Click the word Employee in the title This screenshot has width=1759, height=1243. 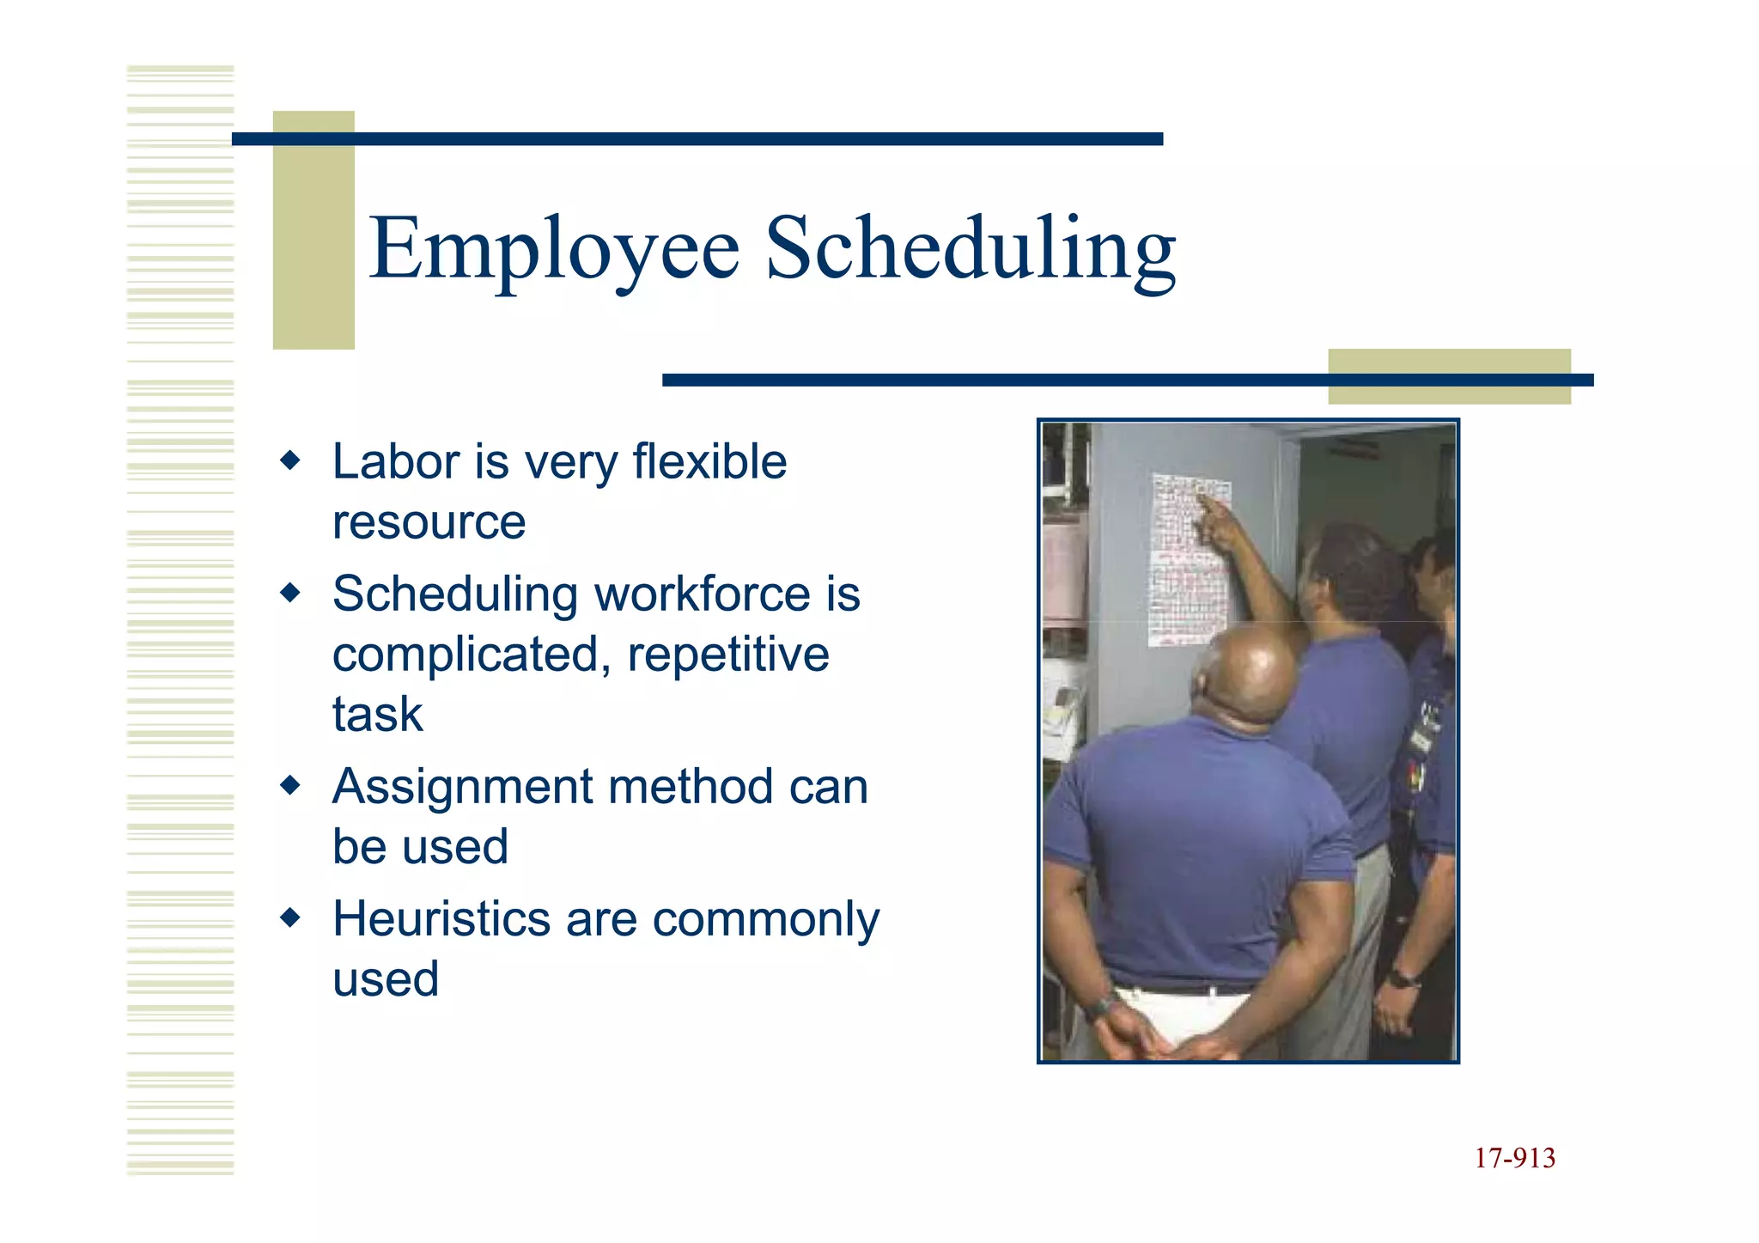pos(554,249)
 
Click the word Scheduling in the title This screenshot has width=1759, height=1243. pos(971,249)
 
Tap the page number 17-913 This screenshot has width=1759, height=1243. pos(1514,1158)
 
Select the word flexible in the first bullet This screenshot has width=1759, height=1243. pos(709,462)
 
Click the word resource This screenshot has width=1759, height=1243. pos(429,522)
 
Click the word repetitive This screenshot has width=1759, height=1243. pos(728,655)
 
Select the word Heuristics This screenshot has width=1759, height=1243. pos(441,919)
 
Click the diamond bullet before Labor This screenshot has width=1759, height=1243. pos(291,461)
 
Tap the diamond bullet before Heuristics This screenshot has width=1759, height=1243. pos(291,918)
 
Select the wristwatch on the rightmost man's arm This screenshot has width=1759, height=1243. pos(1403,978)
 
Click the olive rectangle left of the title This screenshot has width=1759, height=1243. pos(313,230)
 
